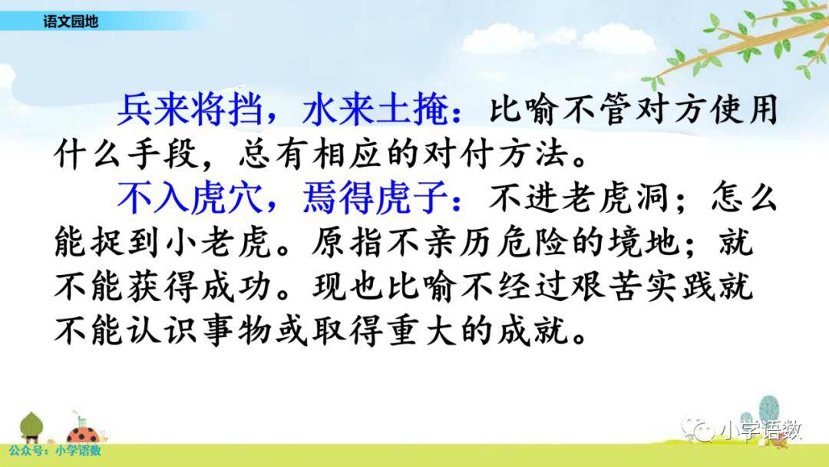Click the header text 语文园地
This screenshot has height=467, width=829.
point(71,22)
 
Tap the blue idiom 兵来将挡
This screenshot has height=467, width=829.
point(190,111)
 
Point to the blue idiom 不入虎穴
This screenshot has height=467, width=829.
point(190,198)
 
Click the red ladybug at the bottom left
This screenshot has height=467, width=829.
point(83,434)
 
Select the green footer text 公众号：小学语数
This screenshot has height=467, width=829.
point(55,451)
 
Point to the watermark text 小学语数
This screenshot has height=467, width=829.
point(760,430)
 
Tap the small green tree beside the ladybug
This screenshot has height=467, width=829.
point(31,426)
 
